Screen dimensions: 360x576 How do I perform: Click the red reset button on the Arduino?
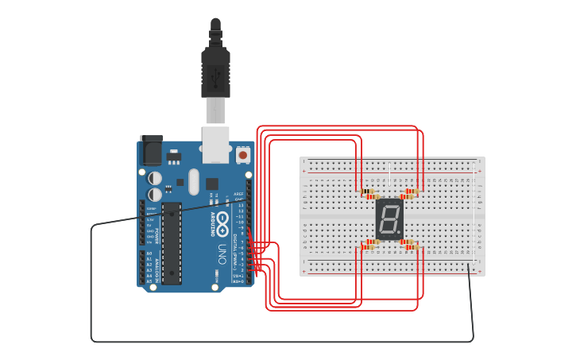point(243,155)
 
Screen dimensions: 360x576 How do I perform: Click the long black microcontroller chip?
point(172,242)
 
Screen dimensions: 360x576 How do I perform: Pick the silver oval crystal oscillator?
point(194,181)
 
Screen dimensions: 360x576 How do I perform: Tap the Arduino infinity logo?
point(224,220)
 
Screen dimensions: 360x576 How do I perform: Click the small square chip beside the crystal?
point(212,184)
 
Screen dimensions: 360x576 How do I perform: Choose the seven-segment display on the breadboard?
point(389,219)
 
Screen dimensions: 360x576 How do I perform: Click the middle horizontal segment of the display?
point(389,219)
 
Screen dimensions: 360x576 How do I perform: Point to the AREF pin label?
point(238,193)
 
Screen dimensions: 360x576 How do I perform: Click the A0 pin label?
point(149,254)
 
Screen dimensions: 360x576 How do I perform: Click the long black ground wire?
point(278,342)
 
